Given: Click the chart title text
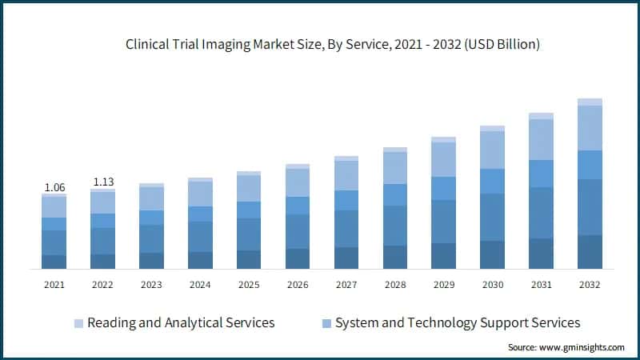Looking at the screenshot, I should [x=333, y=45].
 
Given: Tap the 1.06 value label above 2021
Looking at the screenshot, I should [x=54, y=188].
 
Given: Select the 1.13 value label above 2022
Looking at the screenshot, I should [x=103, y=182].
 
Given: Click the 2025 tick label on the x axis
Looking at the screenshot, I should [x=249, y=284].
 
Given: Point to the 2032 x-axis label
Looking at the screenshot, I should [x=590, y=284].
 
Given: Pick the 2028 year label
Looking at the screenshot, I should [x=394, y=284].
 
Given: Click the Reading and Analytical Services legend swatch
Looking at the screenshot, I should [x=78, y=323].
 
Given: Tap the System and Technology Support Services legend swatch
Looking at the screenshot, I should [x=326, y=323].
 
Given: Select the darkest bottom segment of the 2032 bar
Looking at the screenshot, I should [x=590, y=252].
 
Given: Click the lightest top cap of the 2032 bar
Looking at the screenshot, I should [x=590, y=102].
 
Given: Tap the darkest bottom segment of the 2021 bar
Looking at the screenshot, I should [x=54, y=262].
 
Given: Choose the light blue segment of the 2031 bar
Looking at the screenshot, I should [x=541, y=139].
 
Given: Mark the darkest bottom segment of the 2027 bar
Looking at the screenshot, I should [x=346, y=258].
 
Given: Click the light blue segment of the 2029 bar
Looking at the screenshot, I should [x=443, y=159].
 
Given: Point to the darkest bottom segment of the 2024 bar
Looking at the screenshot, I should [x=200, y=260].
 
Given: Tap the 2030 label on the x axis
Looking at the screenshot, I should [x=492, y=284].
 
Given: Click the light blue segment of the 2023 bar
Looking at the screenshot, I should [x=151, y=198].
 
